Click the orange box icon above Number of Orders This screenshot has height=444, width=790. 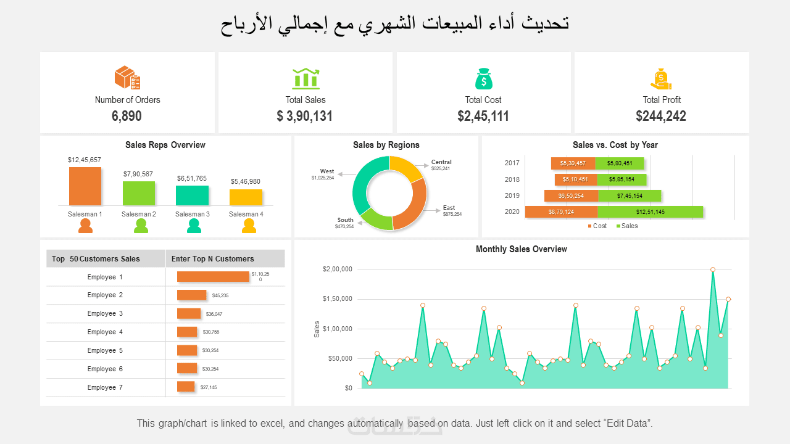pos(127,78)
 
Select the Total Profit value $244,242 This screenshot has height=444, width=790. pos(661,116)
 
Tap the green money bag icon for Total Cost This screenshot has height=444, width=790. pos(484,78)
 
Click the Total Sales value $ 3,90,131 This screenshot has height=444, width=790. pos(305,116)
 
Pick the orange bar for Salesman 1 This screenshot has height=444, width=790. pos(85,186)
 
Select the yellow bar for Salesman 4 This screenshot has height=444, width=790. pos(246,197)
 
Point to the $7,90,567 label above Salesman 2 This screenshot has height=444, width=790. pos(138,174)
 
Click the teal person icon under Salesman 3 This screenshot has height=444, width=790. pos(194,226)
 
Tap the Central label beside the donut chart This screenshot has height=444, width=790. pos(441,162)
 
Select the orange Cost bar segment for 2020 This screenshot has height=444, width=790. pos(561,212)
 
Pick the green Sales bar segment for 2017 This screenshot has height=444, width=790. pos(620,163)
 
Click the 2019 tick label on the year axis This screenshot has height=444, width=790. pos(512,195)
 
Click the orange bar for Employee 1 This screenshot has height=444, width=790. pos(213,276)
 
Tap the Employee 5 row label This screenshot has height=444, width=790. pos(105,350)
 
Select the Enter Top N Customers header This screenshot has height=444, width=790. pos(212,259)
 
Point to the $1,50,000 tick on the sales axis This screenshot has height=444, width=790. pos(337,299)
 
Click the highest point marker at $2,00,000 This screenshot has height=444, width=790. pos(713,269)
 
